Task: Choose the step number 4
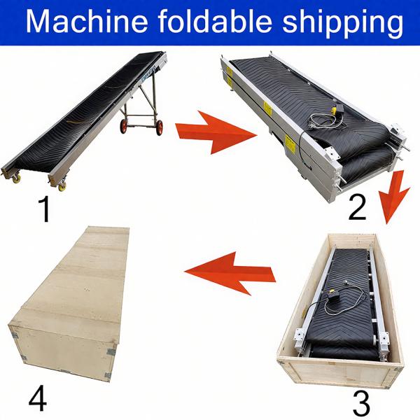[x=38, y=398]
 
